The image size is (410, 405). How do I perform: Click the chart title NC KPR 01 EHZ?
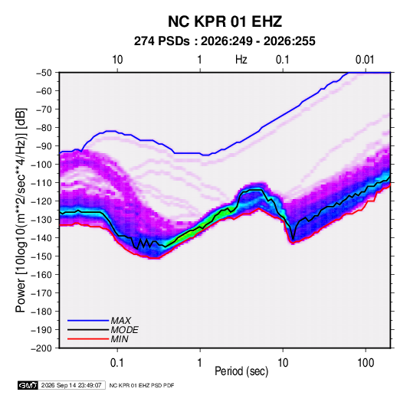225,21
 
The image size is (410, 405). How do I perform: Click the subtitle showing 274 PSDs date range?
225,41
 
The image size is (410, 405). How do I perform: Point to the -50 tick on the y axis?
44,73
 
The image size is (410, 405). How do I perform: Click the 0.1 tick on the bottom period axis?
117,363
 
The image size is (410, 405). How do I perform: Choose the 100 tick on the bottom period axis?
366,363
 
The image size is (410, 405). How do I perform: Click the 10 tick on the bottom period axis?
283,363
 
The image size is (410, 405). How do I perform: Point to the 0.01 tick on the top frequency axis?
365,60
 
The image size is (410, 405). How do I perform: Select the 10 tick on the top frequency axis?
117,60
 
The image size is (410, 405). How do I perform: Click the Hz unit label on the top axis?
241,60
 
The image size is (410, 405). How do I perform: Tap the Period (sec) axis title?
241,371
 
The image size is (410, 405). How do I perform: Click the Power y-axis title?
21,211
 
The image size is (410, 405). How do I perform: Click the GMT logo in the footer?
28,385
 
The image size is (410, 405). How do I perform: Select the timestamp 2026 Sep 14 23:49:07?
71,385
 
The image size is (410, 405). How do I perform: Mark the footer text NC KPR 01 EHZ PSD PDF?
142,385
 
